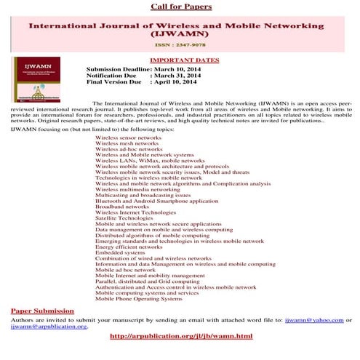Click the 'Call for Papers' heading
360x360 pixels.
180,7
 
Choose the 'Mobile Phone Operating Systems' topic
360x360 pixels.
138,299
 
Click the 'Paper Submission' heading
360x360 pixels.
40,311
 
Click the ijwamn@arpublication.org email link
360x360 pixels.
49,327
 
